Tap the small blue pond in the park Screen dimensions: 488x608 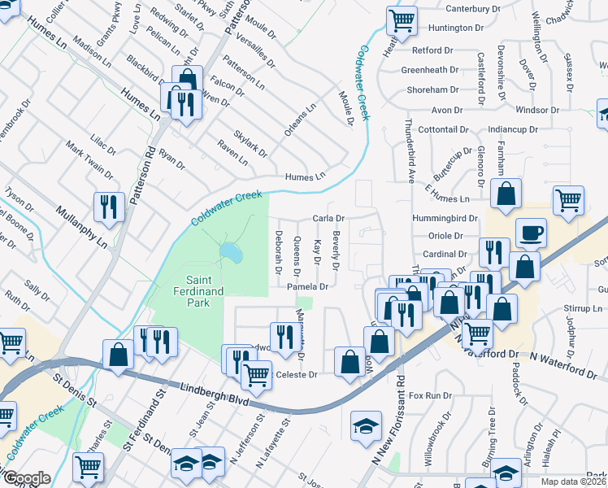pyautogui.click(x=230, y=254)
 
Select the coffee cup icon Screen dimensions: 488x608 pyautogui.click(x=531, y=234)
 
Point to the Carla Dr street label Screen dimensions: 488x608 pyautogui.click(x=329, y=219)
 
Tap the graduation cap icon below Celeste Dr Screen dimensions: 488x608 pyautogui.click(x=366, y=425)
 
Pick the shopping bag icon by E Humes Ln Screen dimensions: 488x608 pyautogui.click(x=506, y=195)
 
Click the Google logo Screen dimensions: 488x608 pyautogui.click(x=26, y=478)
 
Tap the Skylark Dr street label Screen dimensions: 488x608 pyautogui.click(x=250, y=143)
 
